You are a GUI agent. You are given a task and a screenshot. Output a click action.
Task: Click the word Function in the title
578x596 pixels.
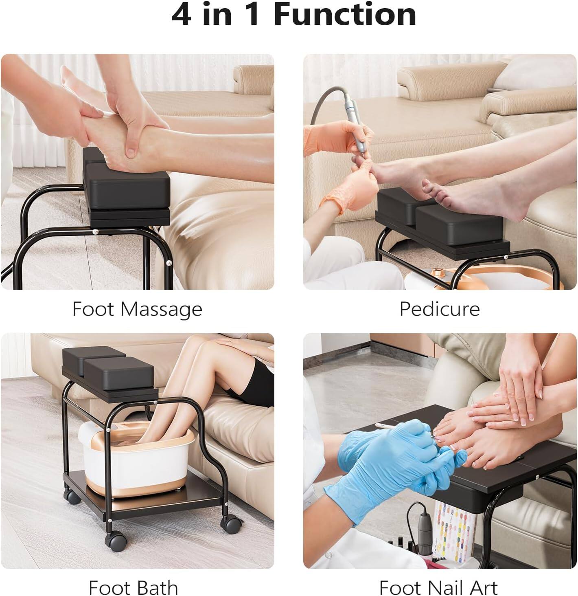[x=345, y=15]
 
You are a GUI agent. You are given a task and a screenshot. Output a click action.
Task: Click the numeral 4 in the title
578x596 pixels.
[x=181, y=15]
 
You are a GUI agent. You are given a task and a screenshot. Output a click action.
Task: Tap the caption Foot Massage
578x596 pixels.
[x=137, y=309]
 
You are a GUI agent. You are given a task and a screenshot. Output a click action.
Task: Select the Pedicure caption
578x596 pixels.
[x=439, y=309]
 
